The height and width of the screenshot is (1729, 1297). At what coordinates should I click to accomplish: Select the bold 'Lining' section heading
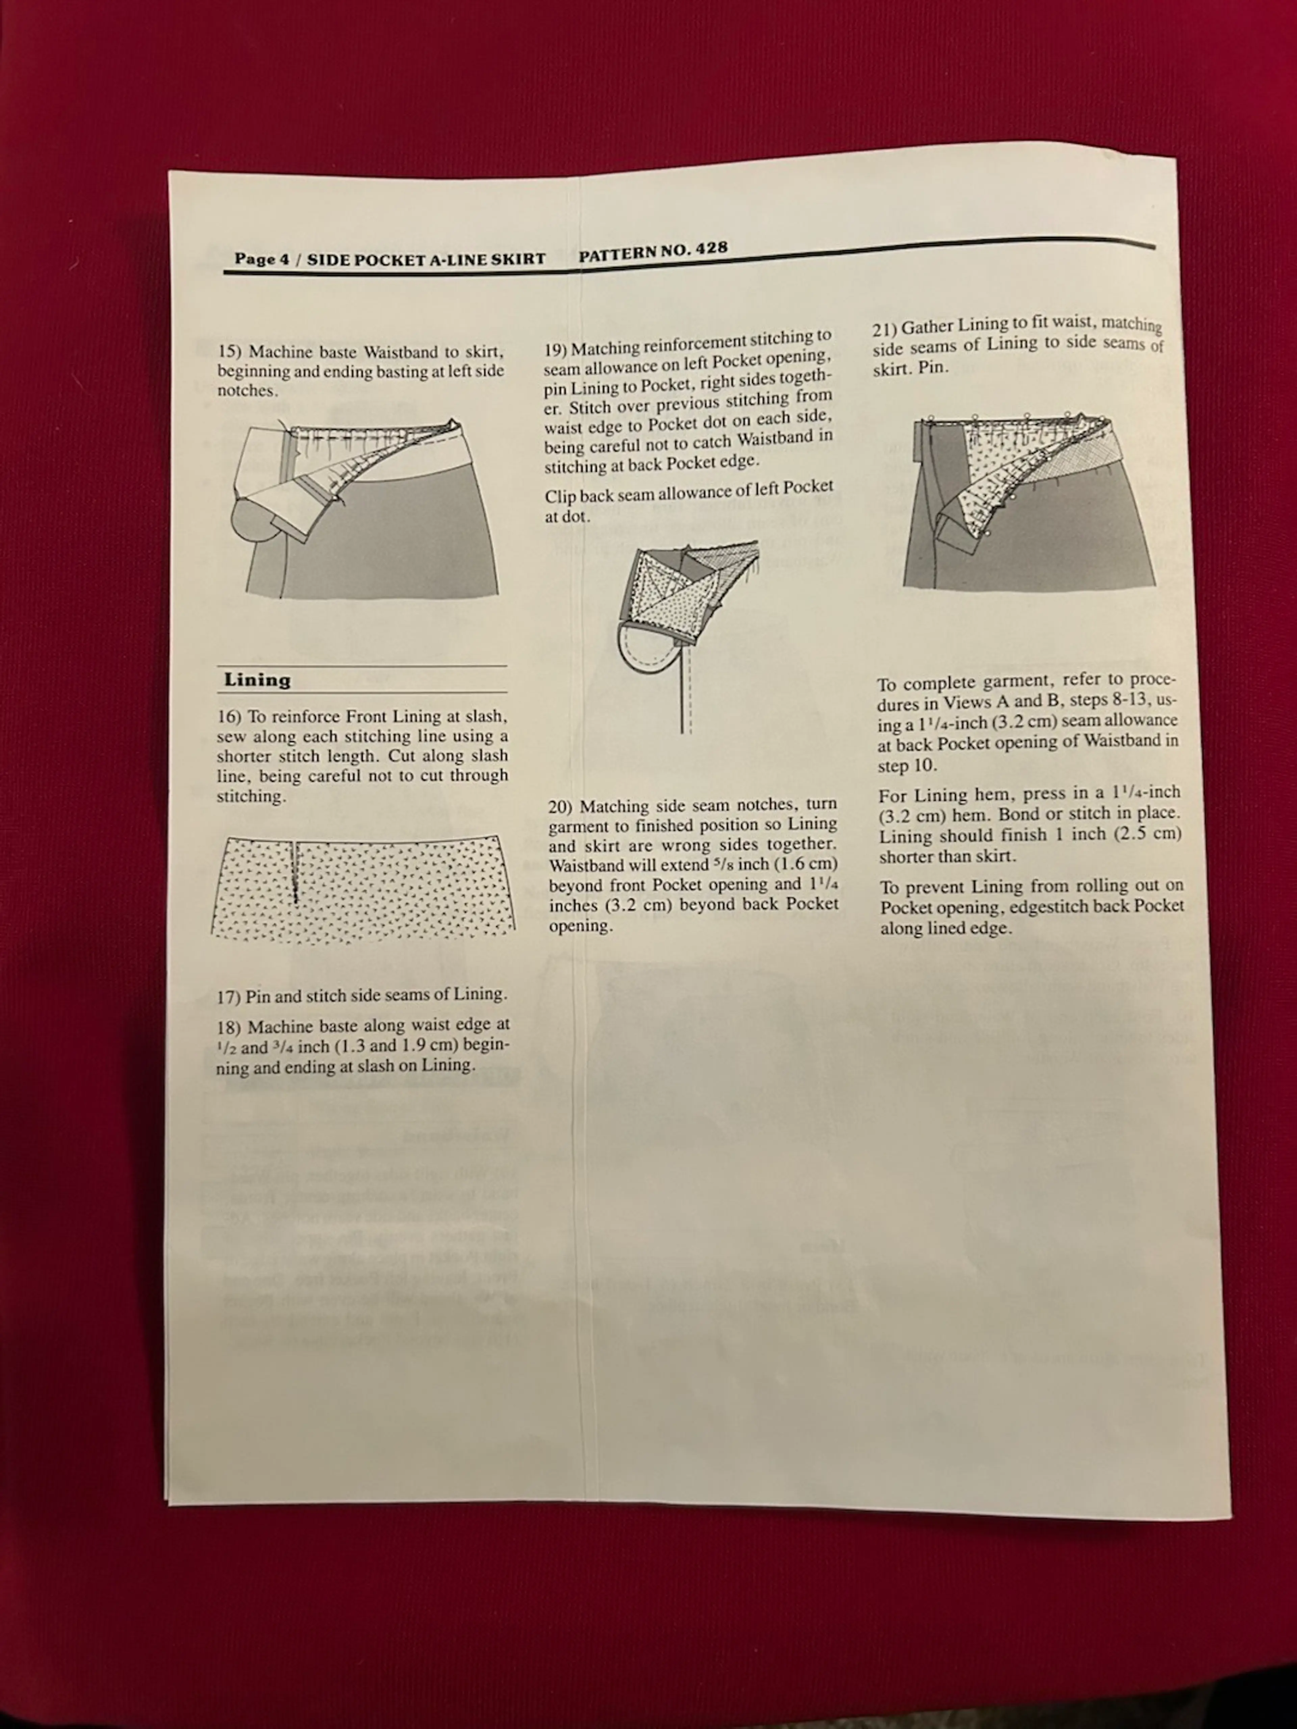[x=257, y=680]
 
